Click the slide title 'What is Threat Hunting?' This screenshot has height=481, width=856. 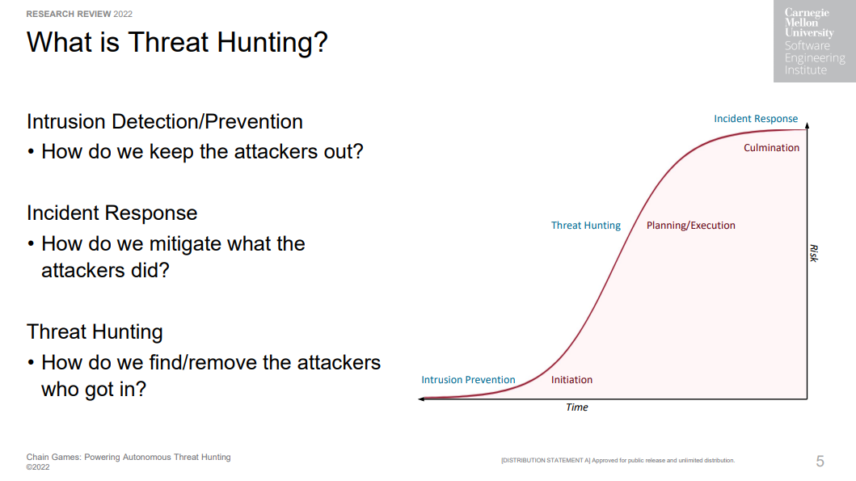pyautogui.click(x=177, y=43)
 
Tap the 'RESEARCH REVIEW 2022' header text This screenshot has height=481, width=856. pyautogui.click(x=79, y=15)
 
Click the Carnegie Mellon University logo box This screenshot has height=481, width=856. pyautogui.click(x=815, y=41)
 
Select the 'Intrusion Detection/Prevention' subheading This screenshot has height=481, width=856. pyautogui.click(x=164, y=122)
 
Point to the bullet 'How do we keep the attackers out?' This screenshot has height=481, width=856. pyautogui.click(x=202, y=152)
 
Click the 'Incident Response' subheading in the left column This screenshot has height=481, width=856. pyautogui.click(x=112, y=213)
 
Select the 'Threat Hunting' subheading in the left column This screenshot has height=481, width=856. pyautogui.click(x=95, y=332)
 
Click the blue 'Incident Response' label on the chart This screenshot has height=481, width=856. pyautogui.click(x=756, y=119)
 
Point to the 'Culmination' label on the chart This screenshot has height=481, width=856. pyautogui.click(x=771, y=148)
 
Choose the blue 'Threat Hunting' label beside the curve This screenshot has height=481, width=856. pyautogui.click(x=586, y=226)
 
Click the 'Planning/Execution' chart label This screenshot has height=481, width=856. pyautogui.click(x=690, y=226)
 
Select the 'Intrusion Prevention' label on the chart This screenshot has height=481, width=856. pyautogui.click(x=468, y=380)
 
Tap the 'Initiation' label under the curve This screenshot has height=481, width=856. pyautogui.click(x=571, y=380)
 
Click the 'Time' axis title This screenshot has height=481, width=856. pyautogui.click(x=576, y=407)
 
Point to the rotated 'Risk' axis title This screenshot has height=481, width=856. pyautogui.click(x=814, y=253)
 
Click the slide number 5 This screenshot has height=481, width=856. pyautogui.click(x=820, y=462)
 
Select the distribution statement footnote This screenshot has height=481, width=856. pyautogui.click(x=618, y=461)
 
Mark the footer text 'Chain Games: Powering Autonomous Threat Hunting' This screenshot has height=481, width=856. pyautogui.click(x=129, y=458)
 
